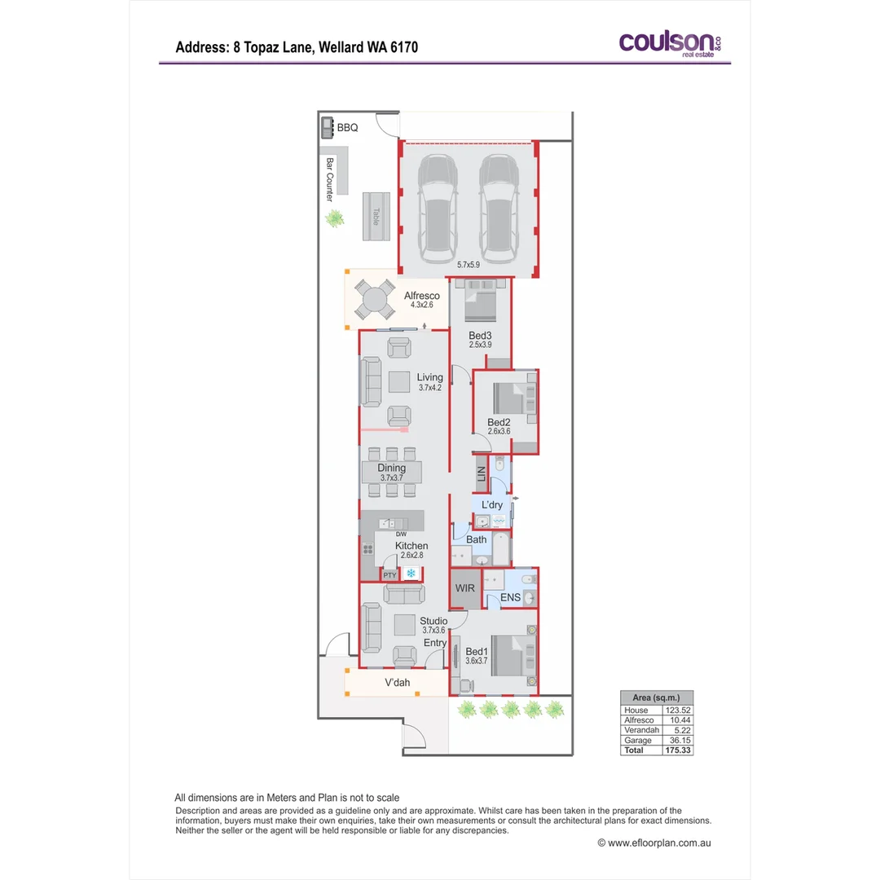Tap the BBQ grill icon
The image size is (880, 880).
point(327,126)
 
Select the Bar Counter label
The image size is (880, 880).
point(330,180)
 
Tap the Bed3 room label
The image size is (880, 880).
point(480,335)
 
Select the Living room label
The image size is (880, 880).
point(429,377)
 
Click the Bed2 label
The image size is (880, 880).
point(499,422)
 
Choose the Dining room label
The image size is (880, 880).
point(391,469)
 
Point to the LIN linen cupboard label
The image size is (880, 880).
point(482,473)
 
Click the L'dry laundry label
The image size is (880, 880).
point(491,505)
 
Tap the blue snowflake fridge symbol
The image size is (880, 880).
point(411,574)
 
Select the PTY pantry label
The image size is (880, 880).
point(389,575)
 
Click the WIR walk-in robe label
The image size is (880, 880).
point(464,588)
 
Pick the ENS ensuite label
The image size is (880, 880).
point(511,597)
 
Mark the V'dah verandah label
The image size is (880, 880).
point(397,682)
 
